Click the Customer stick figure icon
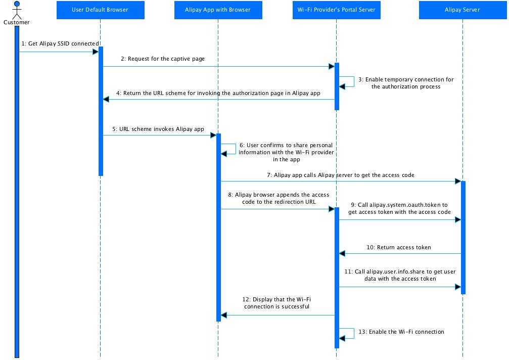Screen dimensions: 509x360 [x=17, y=10]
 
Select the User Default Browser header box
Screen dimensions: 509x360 [x=100, y=10]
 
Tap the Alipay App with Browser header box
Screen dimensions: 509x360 [x=218, y=10]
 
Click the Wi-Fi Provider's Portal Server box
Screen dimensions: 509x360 [x=336, y=10]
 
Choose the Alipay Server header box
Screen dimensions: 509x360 [x=462, y=10]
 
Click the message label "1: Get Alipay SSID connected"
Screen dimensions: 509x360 [x=60, y=43]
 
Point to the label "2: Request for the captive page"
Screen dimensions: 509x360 [x=163, y=59]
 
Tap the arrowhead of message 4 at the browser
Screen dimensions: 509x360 [x=106, y=99]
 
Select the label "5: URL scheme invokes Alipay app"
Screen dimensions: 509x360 [x=158, y=129]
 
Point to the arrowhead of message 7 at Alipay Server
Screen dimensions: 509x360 [x=458, y=181]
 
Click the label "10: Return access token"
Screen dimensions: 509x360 [x=399, y=247]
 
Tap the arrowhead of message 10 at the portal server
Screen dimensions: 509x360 [x=342, y=253]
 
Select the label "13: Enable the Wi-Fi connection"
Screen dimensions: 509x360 [x=401, y=332]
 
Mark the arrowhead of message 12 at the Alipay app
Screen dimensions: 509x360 [x=223, y=315]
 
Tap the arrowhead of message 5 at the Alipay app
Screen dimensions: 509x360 [x=213, y=135]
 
